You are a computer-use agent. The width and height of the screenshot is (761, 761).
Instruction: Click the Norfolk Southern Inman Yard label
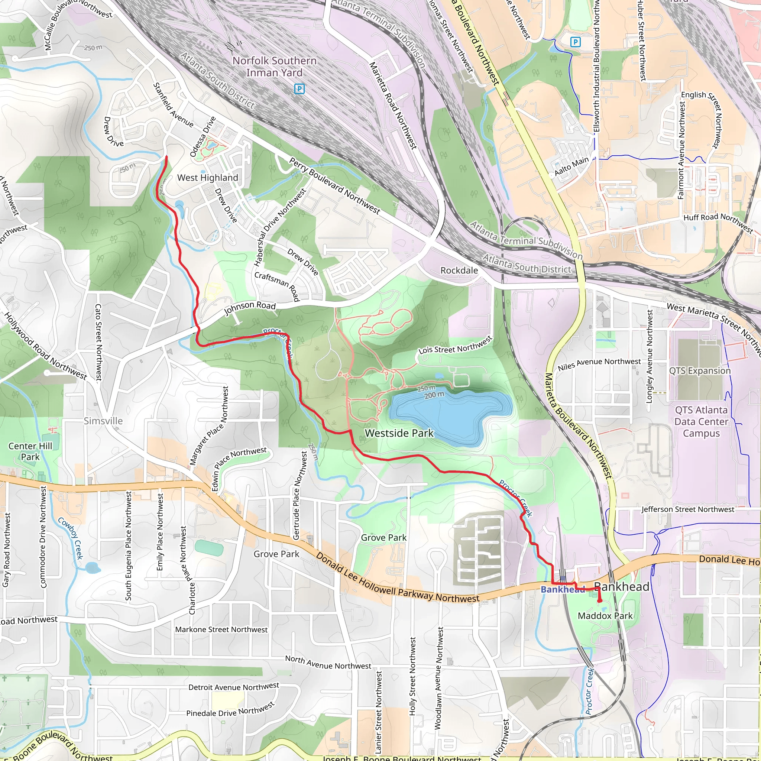(x=274, y=67)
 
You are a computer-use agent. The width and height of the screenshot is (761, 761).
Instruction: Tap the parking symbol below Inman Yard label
(x=299, y=89)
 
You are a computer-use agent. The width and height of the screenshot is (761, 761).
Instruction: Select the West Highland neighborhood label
(x=208, y=178)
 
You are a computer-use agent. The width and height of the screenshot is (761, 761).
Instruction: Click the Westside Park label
(x=399, y=433)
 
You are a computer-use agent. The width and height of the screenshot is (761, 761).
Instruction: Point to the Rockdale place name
(x=459, y=271)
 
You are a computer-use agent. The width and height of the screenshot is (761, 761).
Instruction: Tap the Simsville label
(x=103, y=421)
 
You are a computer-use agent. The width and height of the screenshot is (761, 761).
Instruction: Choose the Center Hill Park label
(x=30, y=451)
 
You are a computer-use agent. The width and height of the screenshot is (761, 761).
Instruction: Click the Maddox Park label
(x=605, y=616)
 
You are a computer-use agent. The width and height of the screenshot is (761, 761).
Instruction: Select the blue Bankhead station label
(x=562, y=590)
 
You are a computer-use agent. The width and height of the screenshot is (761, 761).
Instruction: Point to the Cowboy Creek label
(x=71, y=538)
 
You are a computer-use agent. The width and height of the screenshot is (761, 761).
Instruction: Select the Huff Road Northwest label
(x=718, y=223)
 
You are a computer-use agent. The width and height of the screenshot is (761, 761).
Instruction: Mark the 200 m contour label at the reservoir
(x=434, y=395)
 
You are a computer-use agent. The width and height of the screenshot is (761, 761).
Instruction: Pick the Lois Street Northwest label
(x=455, y=346)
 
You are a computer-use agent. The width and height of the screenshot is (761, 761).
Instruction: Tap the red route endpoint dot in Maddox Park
(x=599, y=601)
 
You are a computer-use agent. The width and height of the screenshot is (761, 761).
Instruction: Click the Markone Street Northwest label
(x=221, y=630)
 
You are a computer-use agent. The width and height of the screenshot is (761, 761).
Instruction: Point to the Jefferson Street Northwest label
(x=688, y=510)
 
